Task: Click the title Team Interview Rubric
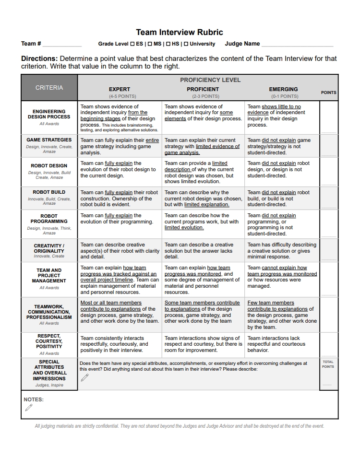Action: [x=180, y=33]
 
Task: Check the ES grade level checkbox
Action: [x=132, y=44]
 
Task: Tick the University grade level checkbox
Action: [x=186, y=44]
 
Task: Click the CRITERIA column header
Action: [x=49, y=88]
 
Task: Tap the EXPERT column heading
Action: [x=120, y=89]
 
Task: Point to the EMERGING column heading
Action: [x=283, y=89]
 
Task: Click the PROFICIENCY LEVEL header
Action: [x=210, y=80]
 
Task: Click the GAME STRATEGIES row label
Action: [x=49, y=140]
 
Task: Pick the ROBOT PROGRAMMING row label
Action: [x=49, y=219]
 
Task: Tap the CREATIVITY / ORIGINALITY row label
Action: [x=49, y=248]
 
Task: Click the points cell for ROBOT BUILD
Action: [x=329, y=198]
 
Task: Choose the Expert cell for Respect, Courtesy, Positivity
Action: [x=120, y=344]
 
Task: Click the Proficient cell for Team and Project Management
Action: [x=203, y=280]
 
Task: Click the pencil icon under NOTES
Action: [x=29, y=408]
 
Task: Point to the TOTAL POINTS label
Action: [x=328, y=364]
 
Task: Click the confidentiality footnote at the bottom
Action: [x=180, y=426]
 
